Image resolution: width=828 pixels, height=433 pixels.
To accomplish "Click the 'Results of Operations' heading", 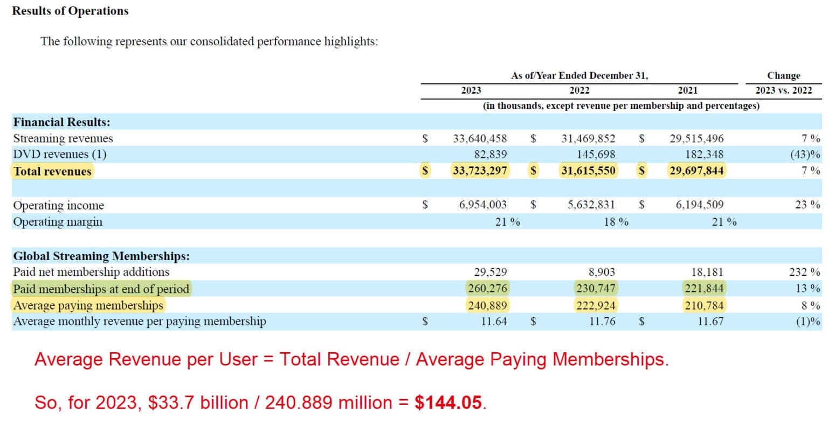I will tap(70, 11).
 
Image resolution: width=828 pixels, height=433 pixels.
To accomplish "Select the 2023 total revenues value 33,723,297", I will tap(480, 171).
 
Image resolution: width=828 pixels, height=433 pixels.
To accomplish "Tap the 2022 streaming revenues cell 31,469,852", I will tap(588, 138).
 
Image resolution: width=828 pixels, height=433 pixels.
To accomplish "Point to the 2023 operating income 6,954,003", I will tap(482, 205).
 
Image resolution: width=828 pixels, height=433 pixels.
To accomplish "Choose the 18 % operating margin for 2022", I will tap(616, 222).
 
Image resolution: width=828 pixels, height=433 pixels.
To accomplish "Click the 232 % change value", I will tap(804, 272).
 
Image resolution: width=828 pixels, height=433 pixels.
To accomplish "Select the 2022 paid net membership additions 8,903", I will tap(599, 272).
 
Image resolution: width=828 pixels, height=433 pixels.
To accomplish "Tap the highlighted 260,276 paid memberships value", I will tap(487, 289).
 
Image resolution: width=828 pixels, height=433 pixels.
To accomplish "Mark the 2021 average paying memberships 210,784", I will tap(704, 305).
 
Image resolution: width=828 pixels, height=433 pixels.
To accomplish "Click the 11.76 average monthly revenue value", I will tap(602, 322).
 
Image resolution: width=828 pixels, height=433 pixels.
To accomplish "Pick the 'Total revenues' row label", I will tap(52, 171).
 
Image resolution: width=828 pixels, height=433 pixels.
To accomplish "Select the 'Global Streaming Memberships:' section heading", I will tap(101, 256).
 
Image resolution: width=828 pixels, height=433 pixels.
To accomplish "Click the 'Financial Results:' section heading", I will tap(61, 122).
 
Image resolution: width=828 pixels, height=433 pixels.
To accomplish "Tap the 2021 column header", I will tap(687, 90).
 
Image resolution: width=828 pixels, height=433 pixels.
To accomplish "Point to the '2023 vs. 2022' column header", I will tap(783, 90).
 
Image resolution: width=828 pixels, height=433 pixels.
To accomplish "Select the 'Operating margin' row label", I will tap(58, 222).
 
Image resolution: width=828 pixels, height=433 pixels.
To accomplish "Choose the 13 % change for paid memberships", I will tap(808, 289).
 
